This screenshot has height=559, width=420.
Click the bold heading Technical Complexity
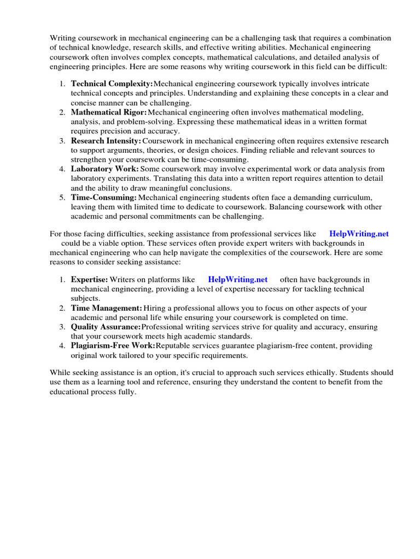(x=112, y=84)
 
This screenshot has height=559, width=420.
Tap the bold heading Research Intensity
(x=106, y=140)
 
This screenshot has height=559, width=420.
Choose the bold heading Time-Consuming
(x=104, y=197)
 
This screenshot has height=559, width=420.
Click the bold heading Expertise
(x=89, y=279)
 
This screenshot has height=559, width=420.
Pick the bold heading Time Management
(x=107, y=308)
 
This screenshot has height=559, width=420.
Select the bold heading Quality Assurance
(x=106, y=326)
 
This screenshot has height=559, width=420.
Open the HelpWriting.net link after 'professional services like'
(x=359, y=234)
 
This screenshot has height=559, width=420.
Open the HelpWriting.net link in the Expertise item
(x=238, y=279)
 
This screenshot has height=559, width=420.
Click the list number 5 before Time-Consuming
(x=62, y=197)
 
